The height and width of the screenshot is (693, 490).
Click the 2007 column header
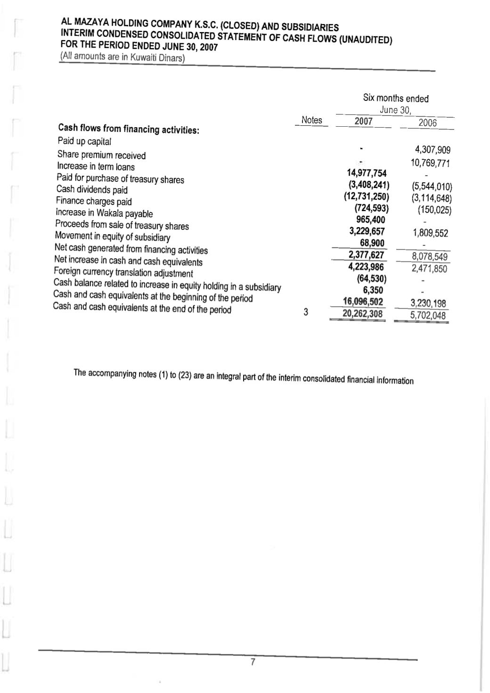(x=363, y=121)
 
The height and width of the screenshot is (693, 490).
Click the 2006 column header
(x=427, y=122)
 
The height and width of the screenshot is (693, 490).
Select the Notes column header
(x=311, y=120)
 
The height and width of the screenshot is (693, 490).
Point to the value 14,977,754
(x=367, y=173)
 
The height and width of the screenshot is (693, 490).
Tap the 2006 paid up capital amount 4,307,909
(x=433, y=150)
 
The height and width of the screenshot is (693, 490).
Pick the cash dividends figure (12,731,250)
(x=366, y=196)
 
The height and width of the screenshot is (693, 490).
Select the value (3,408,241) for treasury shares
(x=368, y=185)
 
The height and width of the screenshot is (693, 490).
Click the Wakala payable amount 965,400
(x=370, y=220)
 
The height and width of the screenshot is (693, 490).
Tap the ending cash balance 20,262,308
(x=362, y=314)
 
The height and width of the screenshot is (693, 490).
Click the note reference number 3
(x=306, y=311)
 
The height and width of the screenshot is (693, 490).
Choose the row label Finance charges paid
(x=94, y=201)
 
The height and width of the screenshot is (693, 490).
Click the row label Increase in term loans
(x=96, y=166)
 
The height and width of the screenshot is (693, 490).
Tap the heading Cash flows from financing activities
(x=129, y=129)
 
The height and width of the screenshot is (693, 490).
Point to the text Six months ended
(x=396, y=98)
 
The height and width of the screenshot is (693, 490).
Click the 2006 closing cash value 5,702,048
(x=427, y=315)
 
